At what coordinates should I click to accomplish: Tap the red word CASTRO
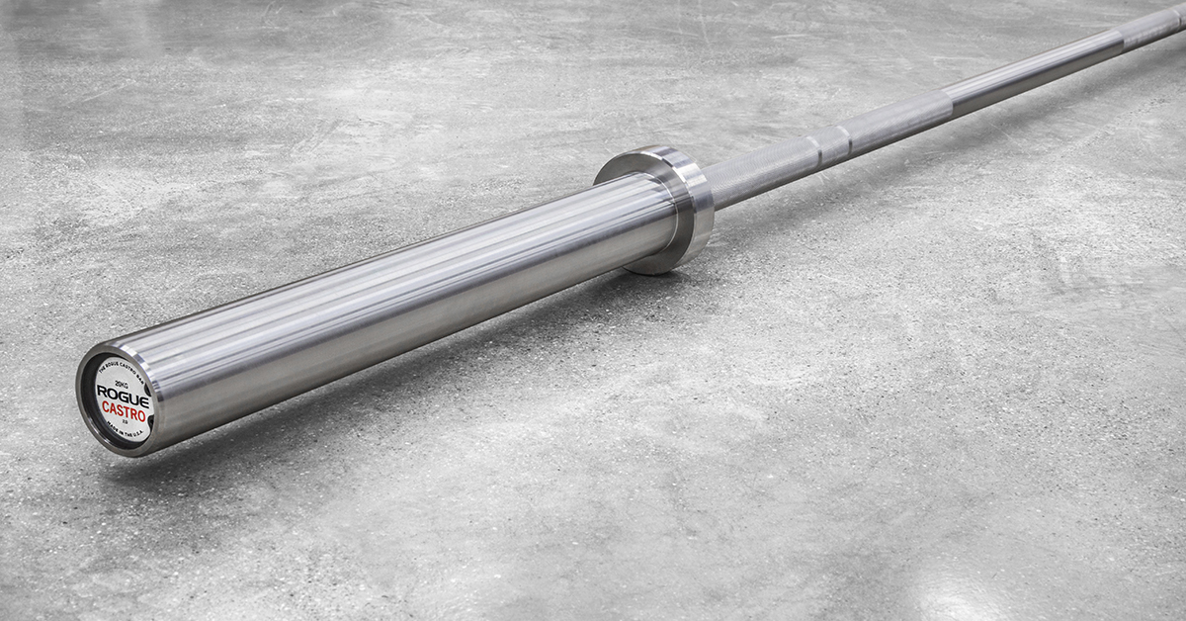coord(125,411)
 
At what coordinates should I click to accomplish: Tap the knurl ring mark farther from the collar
coord(845,133)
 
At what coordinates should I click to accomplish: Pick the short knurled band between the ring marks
coord(830,140)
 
